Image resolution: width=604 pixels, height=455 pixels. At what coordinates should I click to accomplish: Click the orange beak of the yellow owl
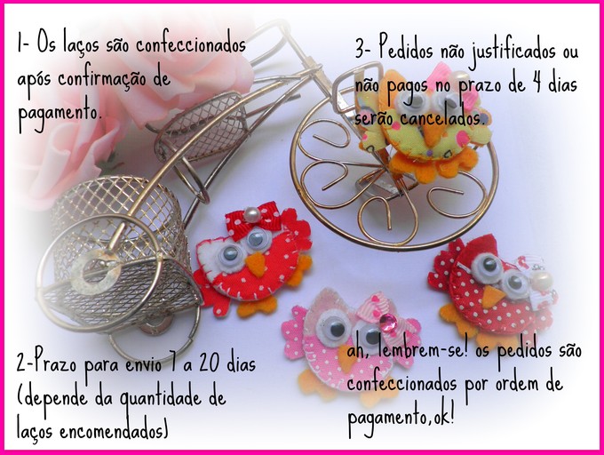[431, 131]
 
